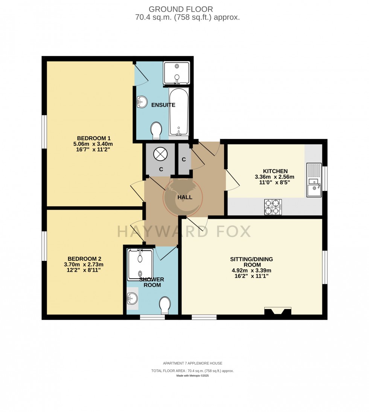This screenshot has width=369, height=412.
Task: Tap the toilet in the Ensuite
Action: point(156,130)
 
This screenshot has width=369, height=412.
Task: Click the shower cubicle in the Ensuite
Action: point(176,73)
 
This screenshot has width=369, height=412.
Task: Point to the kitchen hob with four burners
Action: point(273,207)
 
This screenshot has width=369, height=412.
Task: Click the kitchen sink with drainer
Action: point(314,180)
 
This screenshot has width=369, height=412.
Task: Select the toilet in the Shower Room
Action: point(165,305)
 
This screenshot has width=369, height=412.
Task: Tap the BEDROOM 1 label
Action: point(93,138)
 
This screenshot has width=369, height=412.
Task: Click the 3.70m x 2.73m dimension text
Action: point(84,264)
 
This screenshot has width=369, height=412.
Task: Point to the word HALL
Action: point(184,197)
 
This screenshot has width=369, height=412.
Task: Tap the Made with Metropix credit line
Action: point(192,376)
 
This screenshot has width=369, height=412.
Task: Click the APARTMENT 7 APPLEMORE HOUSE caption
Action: point(192,363)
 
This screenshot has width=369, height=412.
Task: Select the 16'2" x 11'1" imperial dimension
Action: point(251,276)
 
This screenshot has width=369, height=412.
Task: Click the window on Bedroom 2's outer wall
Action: point(44,246)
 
